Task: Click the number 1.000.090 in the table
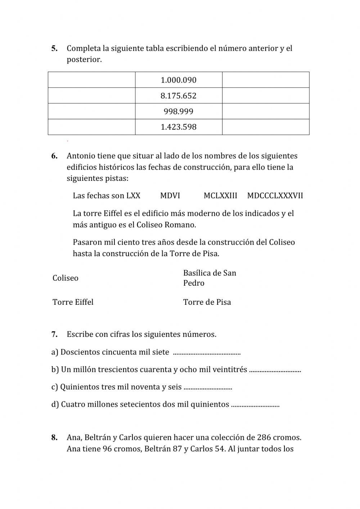tap(179, 80)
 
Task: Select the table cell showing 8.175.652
tap(179, 96)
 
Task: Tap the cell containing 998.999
tap(179, 111)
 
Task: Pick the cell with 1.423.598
tap(179, 127)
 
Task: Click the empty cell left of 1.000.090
tap(92, 80)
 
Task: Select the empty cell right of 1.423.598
tap(266, 127)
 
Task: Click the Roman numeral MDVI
tap(170, 196)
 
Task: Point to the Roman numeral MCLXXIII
tap(220, 196)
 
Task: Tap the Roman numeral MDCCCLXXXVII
tap(275, 196)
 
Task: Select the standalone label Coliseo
tap(65, 278)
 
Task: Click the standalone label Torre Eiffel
tap(73, 302)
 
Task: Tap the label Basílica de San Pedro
tap(209, 278)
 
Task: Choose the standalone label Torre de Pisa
tap(207, 302)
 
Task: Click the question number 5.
tap(54, 48)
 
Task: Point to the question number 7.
tap(54, 334)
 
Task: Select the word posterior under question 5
tap(84, 59)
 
